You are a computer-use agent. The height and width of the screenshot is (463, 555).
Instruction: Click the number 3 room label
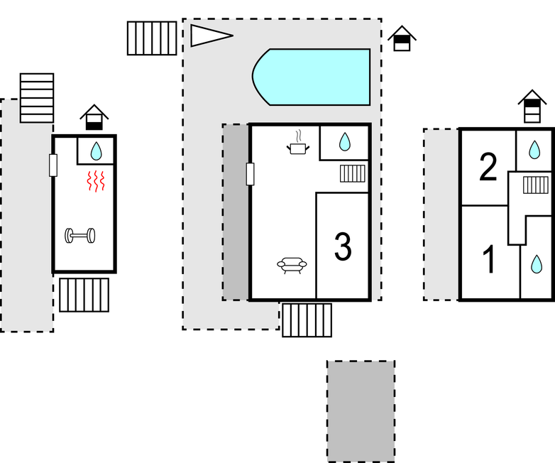[x=342, y=246]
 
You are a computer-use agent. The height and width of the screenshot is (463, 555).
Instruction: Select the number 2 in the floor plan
[x=488, y=168]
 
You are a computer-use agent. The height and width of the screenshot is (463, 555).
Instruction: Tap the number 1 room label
[x=490, y=259]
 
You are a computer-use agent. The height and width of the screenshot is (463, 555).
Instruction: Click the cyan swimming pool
[x=312, y=77]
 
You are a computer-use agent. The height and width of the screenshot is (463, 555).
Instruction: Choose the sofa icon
[x=292, y=266]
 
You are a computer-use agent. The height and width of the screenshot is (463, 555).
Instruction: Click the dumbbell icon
[x=80, y=235]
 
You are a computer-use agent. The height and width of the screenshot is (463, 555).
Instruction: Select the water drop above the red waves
[x=97, y=150]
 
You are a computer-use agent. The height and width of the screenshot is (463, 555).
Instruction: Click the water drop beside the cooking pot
[x=344, y=142]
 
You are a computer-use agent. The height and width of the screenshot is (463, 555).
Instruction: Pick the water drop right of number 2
[x=534, y=149]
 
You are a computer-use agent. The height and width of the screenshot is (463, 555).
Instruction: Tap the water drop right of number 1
[x=537, y=264]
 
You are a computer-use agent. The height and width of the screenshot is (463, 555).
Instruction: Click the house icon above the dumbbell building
[x=94, y=118]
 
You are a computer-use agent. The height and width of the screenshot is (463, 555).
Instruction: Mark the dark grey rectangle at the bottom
[x=361, y=410]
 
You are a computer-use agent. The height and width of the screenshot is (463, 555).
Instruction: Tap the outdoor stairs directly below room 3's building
[x=307, y=320]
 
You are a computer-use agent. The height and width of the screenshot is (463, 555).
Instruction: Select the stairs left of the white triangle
[x=152, y=38]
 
